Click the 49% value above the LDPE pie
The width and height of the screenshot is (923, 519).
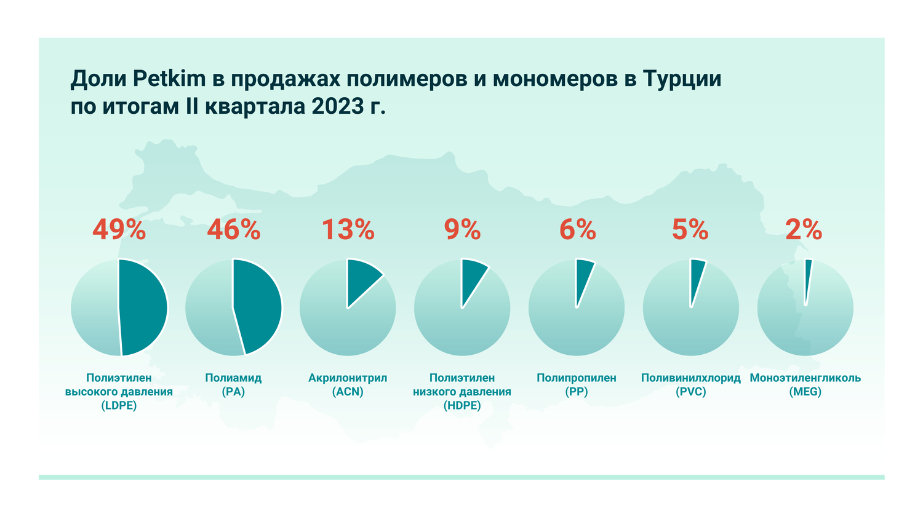pyautogui.click(x=119, y=230)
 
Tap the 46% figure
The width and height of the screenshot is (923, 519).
pyautogui.click(x=233, y=230)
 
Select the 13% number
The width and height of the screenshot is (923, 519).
pyautogui.click(x=348, y=230)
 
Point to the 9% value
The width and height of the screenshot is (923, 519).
pyautogui.click(x=462, y=230)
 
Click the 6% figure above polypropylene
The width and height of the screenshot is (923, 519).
pyautogui.click(x=577, y=230)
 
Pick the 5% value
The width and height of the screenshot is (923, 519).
pyautogui.click(x=690, y=230)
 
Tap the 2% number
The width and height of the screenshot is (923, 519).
pyautogui.click(x=804, y=230)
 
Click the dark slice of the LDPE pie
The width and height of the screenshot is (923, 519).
pyautogui.click(x=143, y=307)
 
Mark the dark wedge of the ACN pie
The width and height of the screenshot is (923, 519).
pyautogui.click(x=361, y=277)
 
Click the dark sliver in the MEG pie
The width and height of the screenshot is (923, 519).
pyautogui.click(x=808, y=277)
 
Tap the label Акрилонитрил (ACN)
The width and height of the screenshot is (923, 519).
pyautogui.click(x=348, y=384)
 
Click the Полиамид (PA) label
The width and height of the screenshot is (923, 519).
pyautogui.click(x=233, y=384)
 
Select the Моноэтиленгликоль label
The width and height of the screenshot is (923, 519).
pyautogui.click(x=805, y=378)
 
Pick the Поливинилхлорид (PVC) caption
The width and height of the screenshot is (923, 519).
pyautogui.click(x=690, y=384)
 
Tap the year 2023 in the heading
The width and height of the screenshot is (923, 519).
pyautogui.click(x=338, y=106)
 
